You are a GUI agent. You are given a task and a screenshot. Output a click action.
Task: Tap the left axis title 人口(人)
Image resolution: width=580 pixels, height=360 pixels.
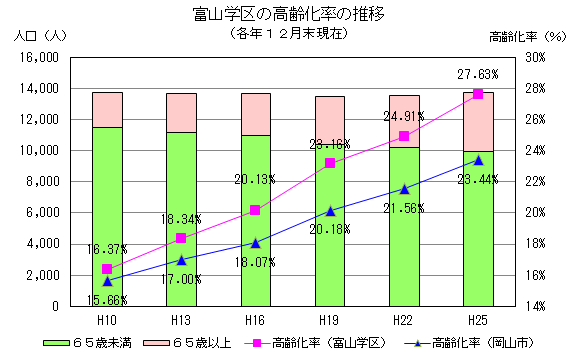37,36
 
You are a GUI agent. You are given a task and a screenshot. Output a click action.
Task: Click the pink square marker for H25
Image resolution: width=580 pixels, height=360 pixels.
478,94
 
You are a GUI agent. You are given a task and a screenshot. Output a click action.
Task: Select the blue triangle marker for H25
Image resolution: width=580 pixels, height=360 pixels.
478,160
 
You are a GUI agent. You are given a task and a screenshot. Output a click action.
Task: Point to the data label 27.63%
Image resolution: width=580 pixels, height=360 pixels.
478,74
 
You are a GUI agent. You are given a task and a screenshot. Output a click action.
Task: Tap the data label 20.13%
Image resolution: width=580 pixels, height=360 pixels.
254,180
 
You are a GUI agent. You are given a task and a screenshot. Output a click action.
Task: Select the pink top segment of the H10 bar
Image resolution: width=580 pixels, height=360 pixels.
107,109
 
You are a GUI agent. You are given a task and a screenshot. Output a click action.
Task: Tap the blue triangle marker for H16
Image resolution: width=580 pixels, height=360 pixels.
255,243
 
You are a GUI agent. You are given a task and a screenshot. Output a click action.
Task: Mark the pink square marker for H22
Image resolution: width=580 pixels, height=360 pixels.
404,136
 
